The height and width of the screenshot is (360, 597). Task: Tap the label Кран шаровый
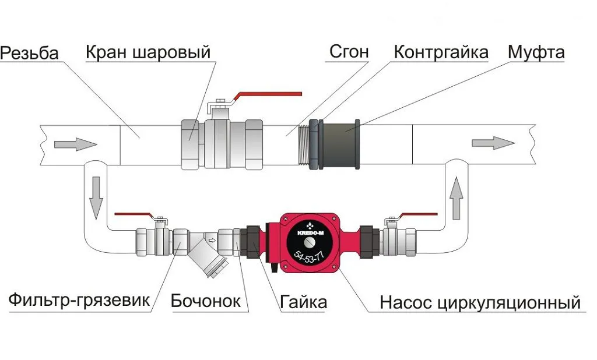coord(148,52)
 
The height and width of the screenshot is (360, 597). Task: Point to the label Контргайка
coord(441,52)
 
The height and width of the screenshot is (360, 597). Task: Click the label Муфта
coord(536,52)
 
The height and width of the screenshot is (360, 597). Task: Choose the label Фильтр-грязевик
coord(79,301)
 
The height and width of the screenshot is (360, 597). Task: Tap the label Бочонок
coord(205,301)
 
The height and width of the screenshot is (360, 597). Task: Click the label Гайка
coord(303,302)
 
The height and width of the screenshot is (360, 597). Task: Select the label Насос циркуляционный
coord(480,303)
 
